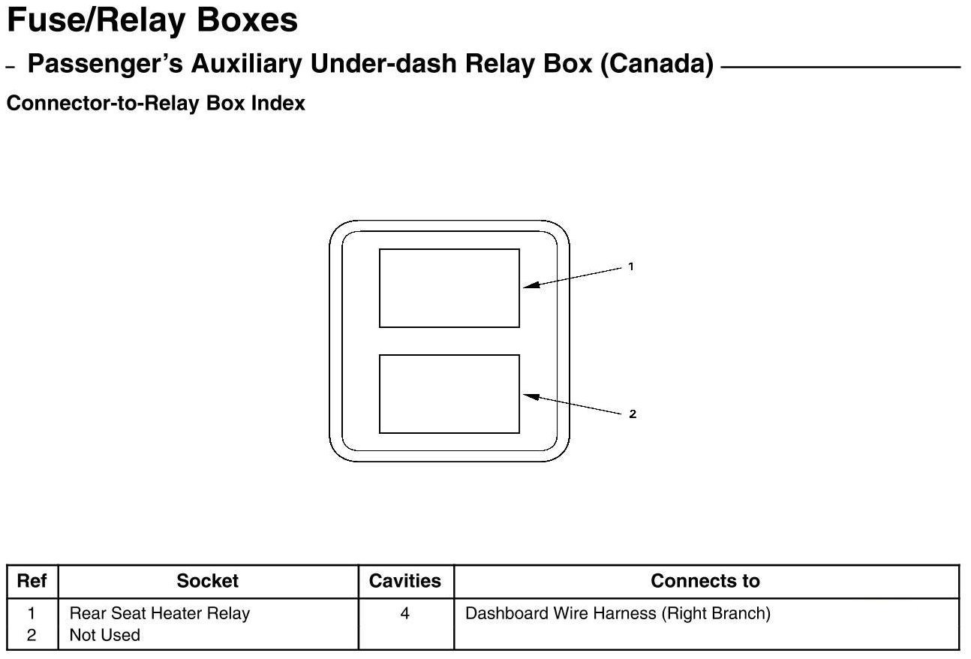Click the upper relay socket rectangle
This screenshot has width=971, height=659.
pyautogui.click(x=449, y=288)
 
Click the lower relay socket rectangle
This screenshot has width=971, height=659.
pyautogui.click(x=449, y=394)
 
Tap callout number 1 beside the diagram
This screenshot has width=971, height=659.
pyautogui.click(x=631, y=266)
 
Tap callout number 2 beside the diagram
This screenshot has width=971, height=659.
pyautogui.click(x=633, y=414)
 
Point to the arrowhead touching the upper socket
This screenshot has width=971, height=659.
pyautogui.click(x=527, y=285)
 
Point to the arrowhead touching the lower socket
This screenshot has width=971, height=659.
pyautogui.click(x=527, y=395)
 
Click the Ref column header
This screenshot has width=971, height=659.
pyautogui.click(x=32, y=581)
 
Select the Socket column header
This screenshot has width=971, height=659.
pyautogui.click(x=207, y=581)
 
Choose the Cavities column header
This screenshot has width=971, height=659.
pyautogui.click(x=405, y=581)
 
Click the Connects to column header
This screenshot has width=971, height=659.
pyautogui.click(x=705, y=581)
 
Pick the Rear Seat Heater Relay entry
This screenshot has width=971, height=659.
pyautogui.click(x=159, y=613)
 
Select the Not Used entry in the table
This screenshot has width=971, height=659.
pyautogui.click(x=104, y=635)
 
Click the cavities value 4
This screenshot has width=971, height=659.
pyautogui.click(x=405, y=613)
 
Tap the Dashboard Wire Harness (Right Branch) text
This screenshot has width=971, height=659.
pyautogui.click(x=618, y=613)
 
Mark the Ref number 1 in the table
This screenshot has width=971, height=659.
pyautogui.click(x=32, y=613)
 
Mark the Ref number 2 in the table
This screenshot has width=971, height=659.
pyautogui.click(x=32, y=635)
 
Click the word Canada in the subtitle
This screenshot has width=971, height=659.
pyautogui.click(x=656, y=65)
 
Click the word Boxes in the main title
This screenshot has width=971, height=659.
pyautogui.click(x=247, y=21)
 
